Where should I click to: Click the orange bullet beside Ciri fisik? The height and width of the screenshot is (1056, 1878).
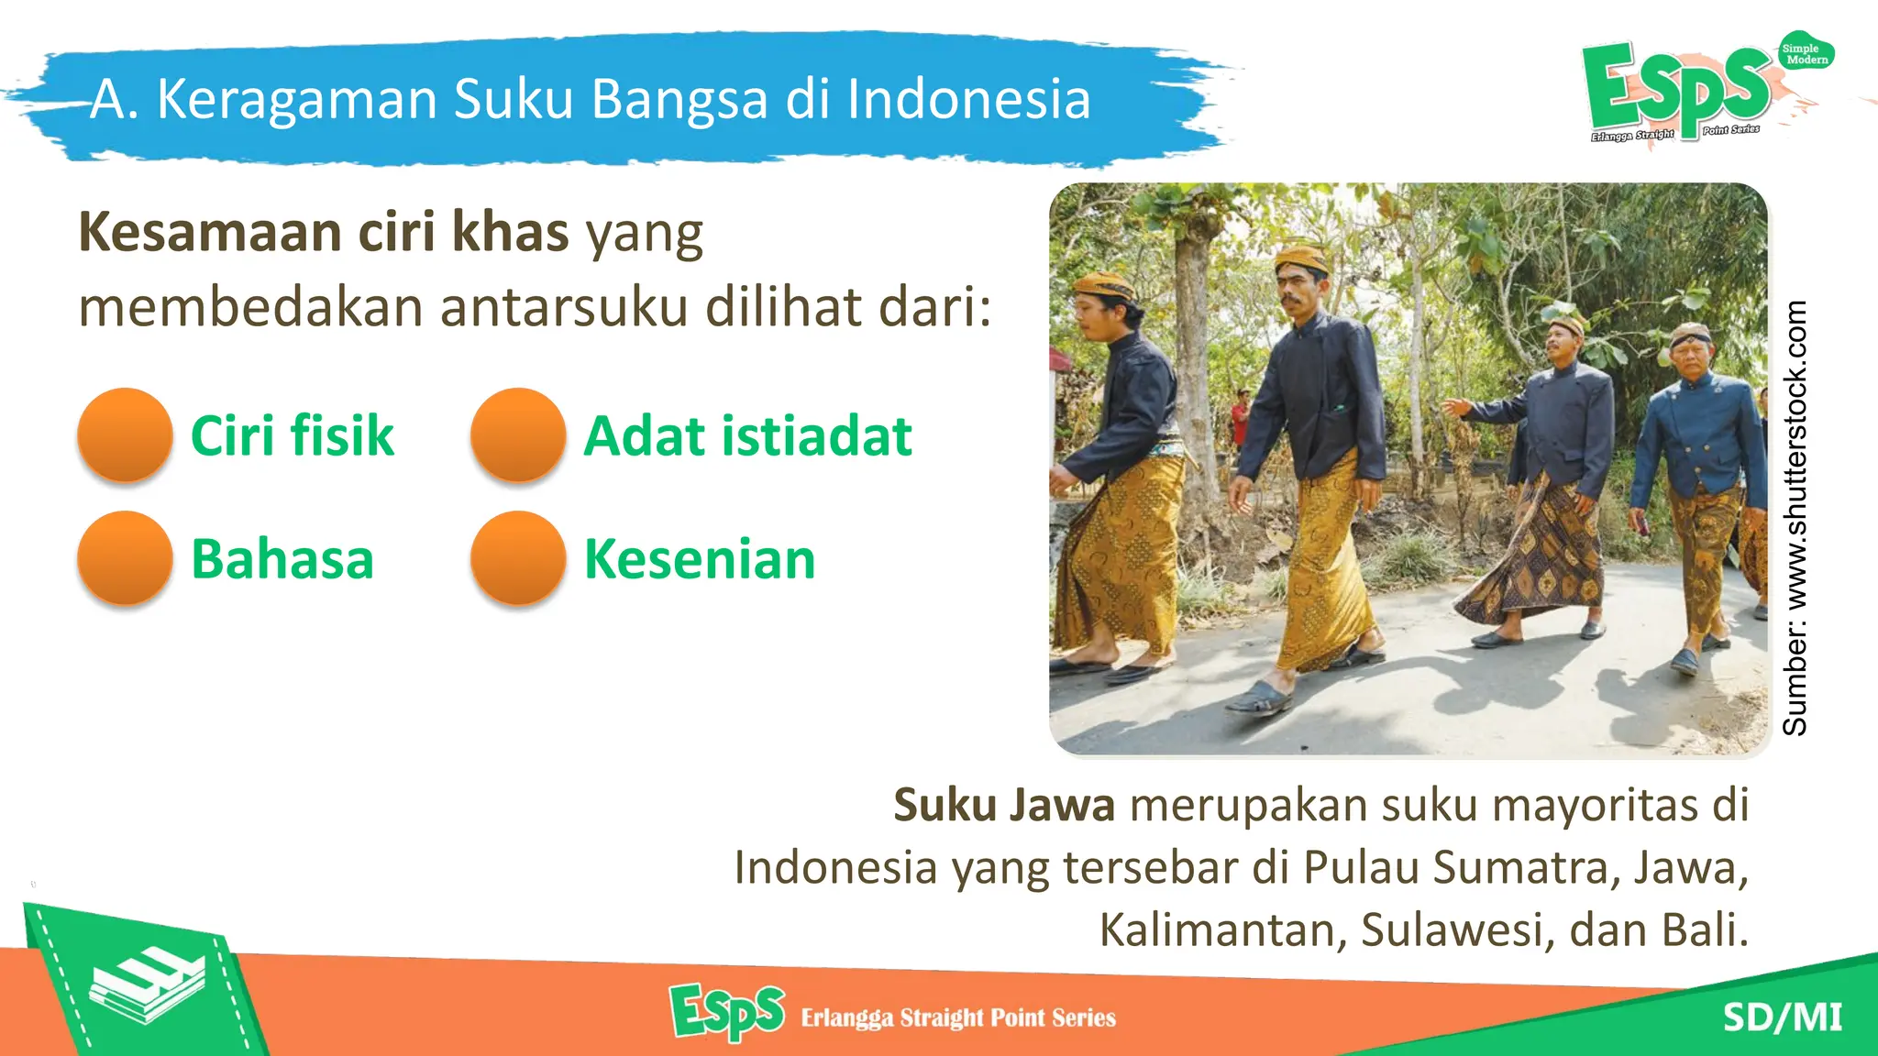tap(125, 434)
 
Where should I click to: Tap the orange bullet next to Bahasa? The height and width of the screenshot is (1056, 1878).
tap(125, 558)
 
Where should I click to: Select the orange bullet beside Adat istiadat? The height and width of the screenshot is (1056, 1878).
tap(518, 434)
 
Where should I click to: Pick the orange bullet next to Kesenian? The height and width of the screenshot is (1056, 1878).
tap(518, 558)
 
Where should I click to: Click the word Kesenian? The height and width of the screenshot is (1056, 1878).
tap(700, 559)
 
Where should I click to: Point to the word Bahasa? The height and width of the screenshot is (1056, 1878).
tap(282, 559)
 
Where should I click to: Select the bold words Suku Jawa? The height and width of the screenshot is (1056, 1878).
tap(1004, 805)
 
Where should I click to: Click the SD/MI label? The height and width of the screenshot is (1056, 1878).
tap(1782, 1017)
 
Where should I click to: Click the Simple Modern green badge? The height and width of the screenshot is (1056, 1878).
tap(1805, 54)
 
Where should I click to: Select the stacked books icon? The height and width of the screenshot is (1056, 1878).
tap(147, 986)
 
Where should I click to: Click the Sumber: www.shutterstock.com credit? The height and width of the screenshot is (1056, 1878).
tap(1795, 518)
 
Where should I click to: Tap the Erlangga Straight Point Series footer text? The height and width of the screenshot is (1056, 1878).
tap(958, 1017)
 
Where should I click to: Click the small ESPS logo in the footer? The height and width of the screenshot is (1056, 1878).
tap(727, 1012)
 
